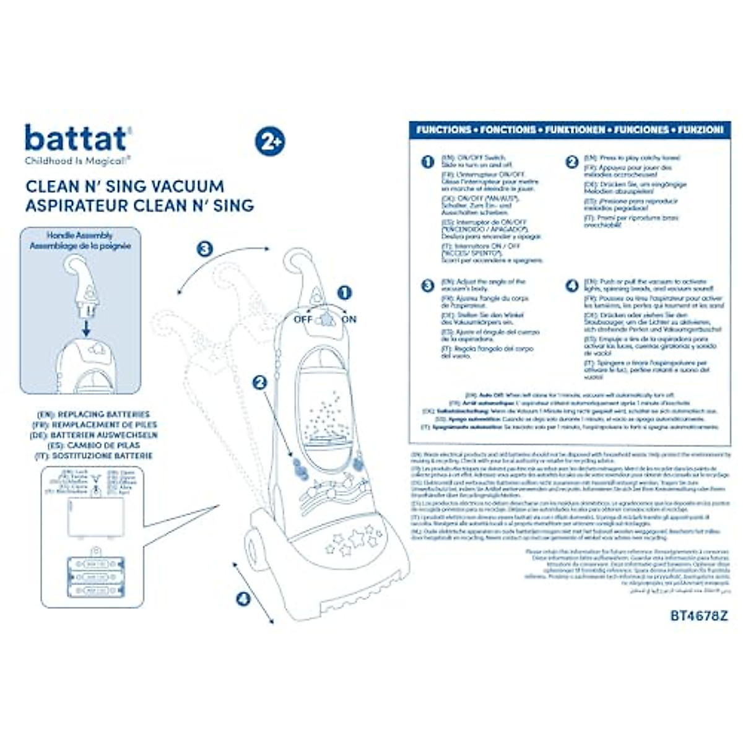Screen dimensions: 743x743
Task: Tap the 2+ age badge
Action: [x=269, y=141]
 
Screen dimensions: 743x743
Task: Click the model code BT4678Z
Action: [x=699, y=616]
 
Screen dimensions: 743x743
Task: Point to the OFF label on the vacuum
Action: [x=303, y=319]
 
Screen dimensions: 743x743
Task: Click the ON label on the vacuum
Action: [x=349, y=319]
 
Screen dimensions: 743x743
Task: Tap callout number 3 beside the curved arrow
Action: [x=204, y=249]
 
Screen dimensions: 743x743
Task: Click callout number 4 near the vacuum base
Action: [x=243, y=599]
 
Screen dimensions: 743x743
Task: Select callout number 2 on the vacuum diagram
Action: [x=259, y=383]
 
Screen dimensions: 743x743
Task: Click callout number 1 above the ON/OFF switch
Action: [x=344, y=292]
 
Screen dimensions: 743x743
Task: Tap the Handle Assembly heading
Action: [x=80, y=236]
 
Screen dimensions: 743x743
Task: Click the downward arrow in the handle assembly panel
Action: [x=86, y=328]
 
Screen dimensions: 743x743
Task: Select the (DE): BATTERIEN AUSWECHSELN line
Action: [x=94, y=435]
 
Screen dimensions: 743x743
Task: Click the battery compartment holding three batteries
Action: [x=95, y=578]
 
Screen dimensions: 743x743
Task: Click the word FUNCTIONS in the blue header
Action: [x=443, y=130]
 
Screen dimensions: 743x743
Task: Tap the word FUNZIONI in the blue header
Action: [x=700, y=130]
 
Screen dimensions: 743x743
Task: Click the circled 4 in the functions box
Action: [x=571, y=285]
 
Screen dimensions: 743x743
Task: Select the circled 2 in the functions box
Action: [x=571, y=162]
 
